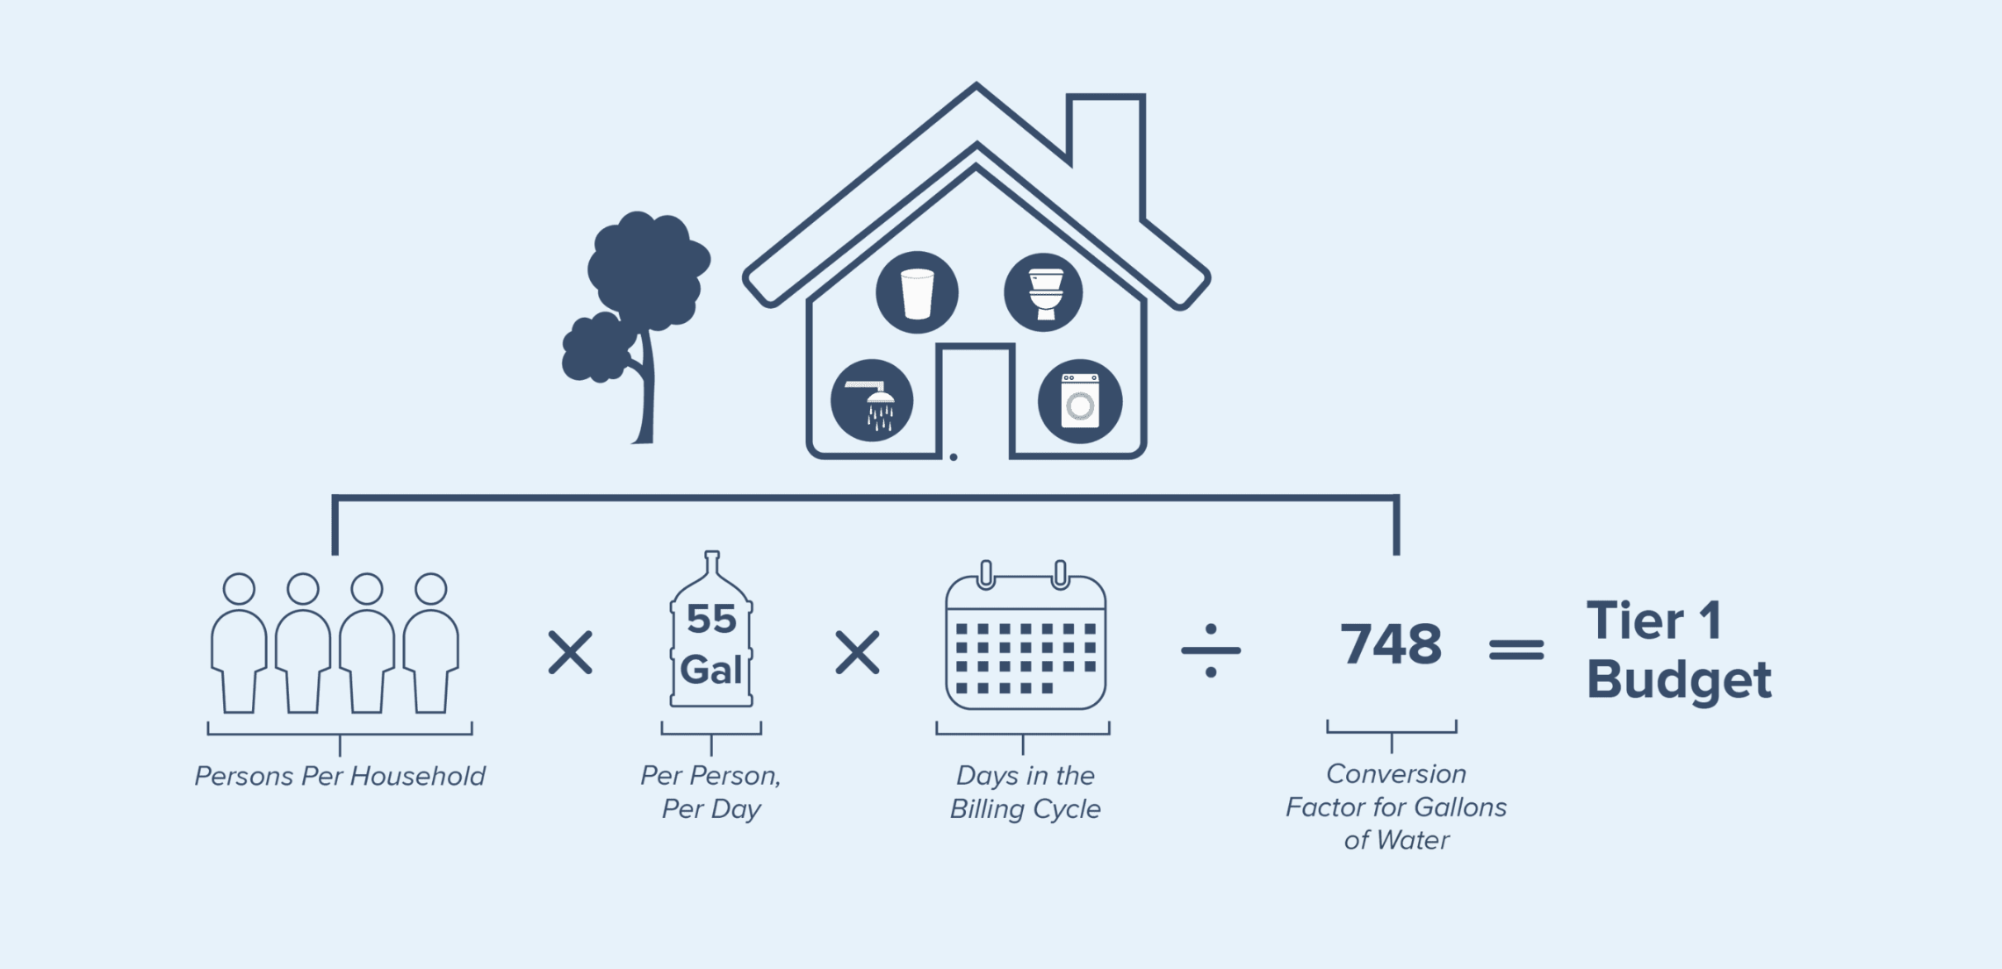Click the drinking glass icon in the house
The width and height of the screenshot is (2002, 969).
click(917, 292)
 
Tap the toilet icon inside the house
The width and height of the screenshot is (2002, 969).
click(1043, 292)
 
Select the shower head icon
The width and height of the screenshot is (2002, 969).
click(872, 401)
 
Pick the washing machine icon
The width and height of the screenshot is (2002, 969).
click(1080, 401)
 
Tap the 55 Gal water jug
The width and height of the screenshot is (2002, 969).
click(711, 629)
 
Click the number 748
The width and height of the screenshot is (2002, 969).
click(1391, 643)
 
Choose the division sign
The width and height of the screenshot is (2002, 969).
click(1211, 650)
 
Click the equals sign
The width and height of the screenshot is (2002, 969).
click(1516, 650)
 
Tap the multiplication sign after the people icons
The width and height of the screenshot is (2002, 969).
click(571, 652)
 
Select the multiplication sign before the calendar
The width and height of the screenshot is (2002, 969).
click(857, 652)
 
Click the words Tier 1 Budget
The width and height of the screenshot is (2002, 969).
click(1678, 651)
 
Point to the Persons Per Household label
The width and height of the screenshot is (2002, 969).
click(340, 776)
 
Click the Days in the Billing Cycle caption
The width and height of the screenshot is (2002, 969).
click(1025, 792)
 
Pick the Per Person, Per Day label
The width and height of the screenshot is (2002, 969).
click(710, 792)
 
